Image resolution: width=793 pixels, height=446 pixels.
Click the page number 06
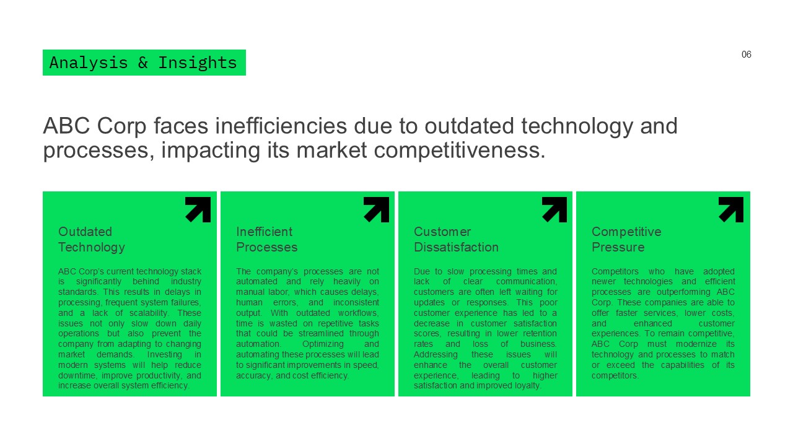(x=746, y=55)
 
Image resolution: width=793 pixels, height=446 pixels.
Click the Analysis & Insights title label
(x=144, y=63)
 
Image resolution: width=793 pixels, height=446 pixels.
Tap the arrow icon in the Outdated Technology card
(x=198, y=209)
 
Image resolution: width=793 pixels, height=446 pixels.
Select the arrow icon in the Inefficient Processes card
(x=376, y=209)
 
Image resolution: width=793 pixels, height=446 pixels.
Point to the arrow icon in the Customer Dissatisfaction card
(x=554, y=209)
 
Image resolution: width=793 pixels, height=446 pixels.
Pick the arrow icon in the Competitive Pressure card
(x=731, y=209)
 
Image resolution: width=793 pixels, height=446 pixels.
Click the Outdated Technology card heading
(x=92, y=239)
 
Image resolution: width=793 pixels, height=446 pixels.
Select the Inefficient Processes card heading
(x=266, y=239)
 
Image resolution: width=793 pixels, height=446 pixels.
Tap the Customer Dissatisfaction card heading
(x=456, y=239)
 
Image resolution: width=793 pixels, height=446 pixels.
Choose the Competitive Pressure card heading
(x=626, y=239)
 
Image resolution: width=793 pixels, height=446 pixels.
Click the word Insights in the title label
(x=197, y=63)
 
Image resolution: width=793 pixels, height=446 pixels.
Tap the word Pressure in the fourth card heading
(x=618, y=247)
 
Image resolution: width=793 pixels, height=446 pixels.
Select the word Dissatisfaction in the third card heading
(x=456, y=247)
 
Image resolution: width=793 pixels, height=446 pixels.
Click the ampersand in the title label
(x=142, y=63)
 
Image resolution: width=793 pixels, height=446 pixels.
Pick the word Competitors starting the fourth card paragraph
(x=616, y=271)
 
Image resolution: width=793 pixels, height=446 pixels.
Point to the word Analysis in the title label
(x=89, y=63)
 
